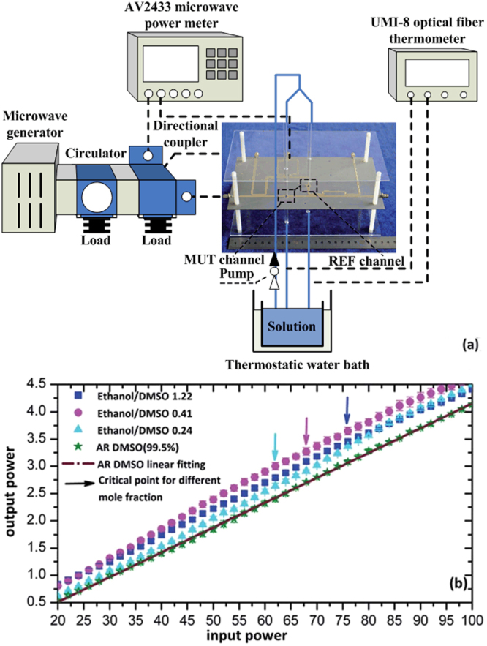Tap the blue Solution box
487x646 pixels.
click(x=290, y=324)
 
